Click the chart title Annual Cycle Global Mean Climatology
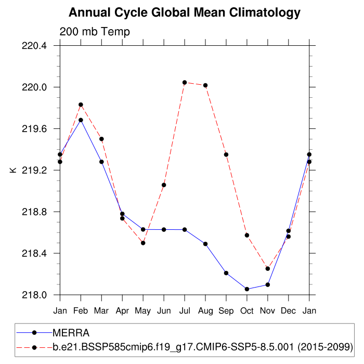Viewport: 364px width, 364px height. tap(185, 12)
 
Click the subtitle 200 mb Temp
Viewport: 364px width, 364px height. tap(95, 32)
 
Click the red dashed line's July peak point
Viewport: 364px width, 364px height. tap(185, 82)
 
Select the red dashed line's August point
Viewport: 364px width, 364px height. tap(205, 85)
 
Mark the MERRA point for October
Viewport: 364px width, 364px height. tap(247, 289)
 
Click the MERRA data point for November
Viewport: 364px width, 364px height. tap(268, 284)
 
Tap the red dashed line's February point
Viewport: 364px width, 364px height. tap(81, 105)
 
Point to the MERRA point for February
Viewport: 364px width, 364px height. tap(81, 120)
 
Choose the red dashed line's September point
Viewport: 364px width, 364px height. tap(226, 154)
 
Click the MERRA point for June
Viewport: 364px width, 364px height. tap(164, 229)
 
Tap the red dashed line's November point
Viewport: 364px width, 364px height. tap(268, 268)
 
